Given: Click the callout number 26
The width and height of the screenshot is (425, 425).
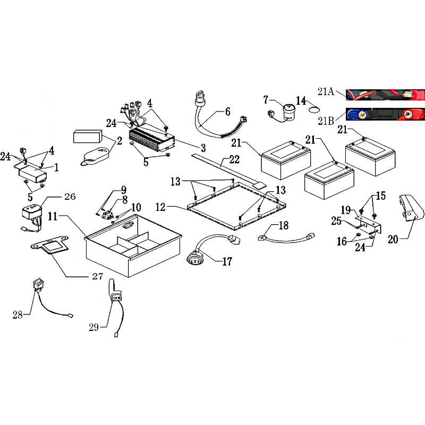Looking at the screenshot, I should tap(70, 197).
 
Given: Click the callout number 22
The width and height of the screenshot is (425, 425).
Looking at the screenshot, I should tap(234, 159).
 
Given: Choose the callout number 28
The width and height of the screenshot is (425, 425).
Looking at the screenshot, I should tap(18, 314).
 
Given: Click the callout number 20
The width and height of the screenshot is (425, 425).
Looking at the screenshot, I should tap(393, 240).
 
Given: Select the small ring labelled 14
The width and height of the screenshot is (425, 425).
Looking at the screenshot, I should tap(314, 110).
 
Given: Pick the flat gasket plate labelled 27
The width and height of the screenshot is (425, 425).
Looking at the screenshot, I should tap(50, 245).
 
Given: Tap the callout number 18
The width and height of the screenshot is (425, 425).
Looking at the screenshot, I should tap(284, 225).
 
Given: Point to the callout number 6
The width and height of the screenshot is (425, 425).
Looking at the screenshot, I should tap(227, 112).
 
